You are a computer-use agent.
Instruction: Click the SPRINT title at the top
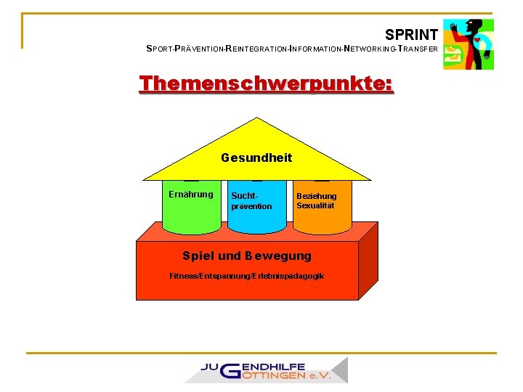pos(411,34)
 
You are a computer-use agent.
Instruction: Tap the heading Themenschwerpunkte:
pos(267,84)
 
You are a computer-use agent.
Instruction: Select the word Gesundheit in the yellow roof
pos(256,158)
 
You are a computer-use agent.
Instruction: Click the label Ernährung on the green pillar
pos(191,195)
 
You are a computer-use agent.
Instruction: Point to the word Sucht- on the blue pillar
pos(244,196)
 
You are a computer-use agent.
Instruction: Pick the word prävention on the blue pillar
pos(251,206)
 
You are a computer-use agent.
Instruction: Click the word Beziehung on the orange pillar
pos(317,196)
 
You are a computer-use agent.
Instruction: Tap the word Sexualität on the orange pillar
pos(315,205)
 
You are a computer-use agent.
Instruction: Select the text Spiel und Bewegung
pos(247,256)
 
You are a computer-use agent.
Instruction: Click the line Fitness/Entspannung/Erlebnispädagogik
pos(247,276)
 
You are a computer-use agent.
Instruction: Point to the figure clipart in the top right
pos(469,44)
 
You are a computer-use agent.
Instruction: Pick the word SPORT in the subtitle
pos(160,49)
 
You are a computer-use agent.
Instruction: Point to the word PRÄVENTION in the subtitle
pos(198,49)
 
